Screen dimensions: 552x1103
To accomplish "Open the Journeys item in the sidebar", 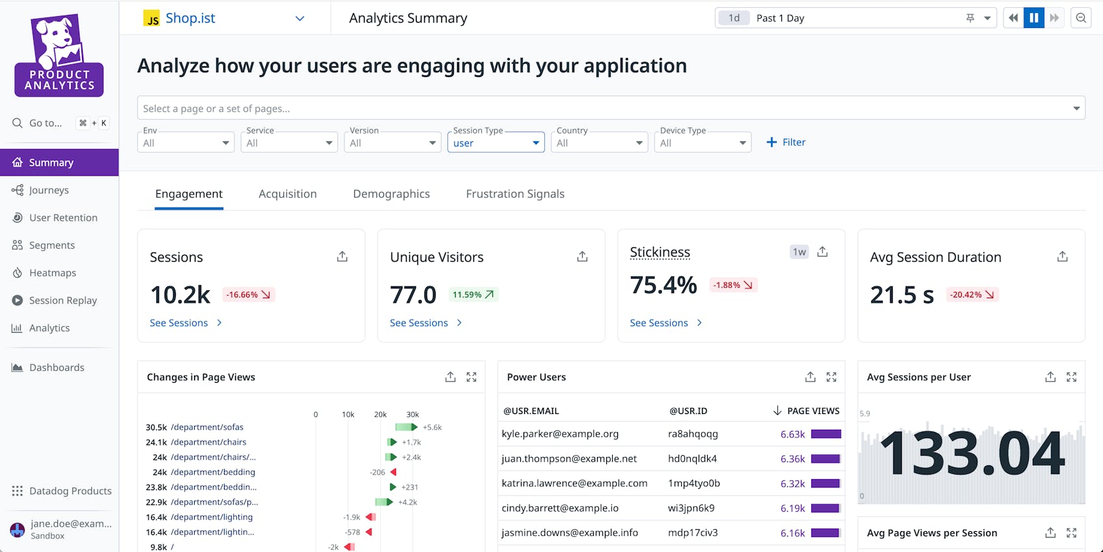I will (49, 190).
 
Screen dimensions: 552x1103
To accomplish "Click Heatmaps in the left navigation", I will (52, 273).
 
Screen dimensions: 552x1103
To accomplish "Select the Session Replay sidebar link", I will (63, 300).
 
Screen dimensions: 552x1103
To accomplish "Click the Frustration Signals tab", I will (515, 194).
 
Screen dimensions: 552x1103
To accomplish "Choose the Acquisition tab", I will (287, 194).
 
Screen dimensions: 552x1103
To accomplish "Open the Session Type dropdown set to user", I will (496, 143).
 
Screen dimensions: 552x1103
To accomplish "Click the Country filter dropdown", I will (599, 143).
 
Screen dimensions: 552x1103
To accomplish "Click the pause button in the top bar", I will (1033, 18).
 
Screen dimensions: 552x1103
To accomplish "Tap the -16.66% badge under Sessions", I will (249, 295).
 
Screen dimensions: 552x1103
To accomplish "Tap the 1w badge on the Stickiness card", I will (799, 252).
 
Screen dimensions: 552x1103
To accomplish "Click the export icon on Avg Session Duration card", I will (1062, 256).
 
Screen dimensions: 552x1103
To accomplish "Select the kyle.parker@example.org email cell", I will (560, 434).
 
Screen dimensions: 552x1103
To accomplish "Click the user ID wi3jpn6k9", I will (691, 508).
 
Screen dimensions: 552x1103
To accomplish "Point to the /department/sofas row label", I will (207, 428).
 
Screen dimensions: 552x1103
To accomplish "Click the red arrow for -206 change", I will (393, 473).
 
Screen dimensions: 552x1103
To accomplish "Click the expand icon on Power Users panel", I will (831, 377).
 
